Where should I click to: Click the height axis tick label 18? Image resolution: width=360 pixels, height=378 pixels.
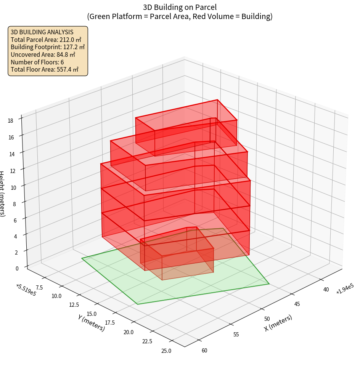(x=10, y=120)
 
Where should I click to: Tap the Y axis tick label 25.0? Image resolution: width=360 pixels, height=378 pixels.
(x=166, y=351)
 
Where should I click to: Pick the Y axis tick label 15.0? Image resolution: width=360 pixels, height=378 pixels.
(x=92, y=314)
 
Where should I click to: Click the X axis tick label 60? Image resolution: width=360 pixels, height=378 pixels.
(x=204, y=351)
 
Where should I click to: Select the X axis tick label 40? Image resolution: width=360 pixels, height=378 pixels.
(x=326, y=290)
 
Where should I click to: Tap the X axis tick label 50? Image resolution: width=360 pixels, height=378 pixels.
(x=267, y=319)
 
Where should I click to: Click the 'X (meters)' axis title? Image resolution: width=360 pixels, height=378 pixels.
(x=278, y=323)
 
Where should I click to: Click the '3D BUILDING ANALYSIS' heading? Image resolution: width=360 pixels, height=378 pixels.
(x=42, y=32)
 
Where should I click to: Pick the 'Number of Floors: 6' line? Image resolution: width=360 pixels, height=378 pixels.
(x=37, y=62)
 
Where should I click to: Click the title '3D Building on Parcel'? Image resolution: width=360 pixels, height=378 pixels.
(x=180, y=7)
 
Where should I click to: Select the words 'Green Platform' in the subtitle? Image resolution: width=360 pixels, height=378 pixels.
(x=110, y=16)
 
